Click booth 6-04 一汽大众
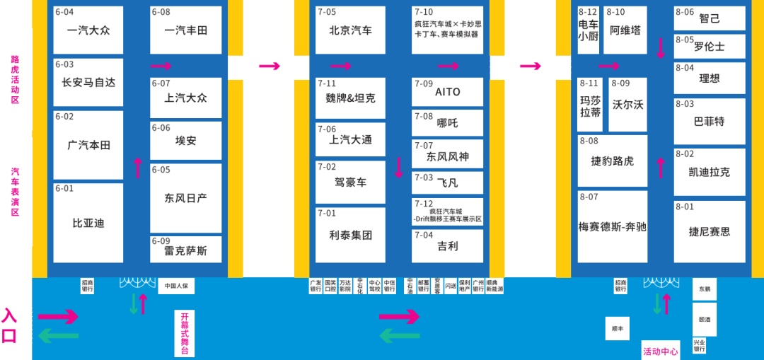point(88,30)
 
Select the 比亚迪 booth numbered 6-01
point(88,223)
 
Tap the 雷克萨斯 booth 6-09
point(185,250)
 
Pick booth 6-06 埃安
point(185,140)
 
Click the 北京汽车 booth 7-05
point(350,30)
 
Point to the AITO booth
point(447,92)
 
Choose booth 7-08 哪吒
point(447,123)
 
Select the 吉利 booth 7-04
point(447,246)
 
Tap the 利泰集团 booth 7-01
point(350,235)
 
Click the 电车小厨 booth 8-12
point(588,30)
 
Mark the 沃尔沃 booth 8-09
point(627,105)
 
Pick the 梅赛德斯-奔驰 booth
point(613,226)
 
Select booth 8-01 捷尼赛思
point(710,231)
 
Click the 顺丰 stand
point(617,329)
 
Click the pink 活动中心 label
point(660,352)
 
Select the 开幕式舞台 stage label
point(185,333)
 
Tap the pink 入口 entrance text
point(9,325)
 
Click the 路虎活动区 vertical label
point(15,80)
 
